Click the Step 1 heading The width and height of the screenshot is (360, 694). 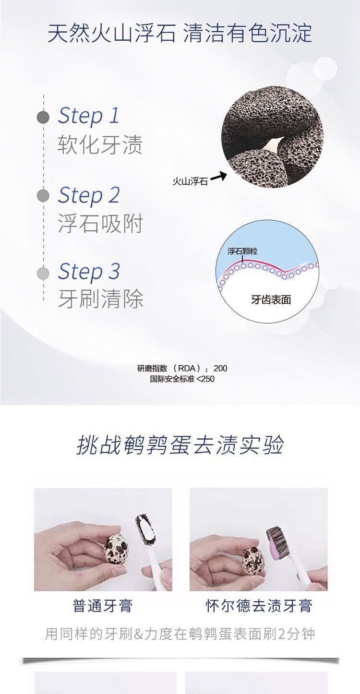(89, 116)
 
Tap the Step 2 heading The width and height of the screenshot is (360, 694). (89, 195)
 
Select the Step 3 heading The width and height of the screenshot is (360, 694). (89, 271)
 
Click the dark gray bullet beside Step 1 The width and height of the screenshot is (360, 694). (43, 118)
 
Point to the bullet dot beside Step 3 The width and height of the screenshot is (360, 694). (43, 273)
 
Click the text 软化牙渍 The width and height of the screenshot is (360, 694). (100, 144)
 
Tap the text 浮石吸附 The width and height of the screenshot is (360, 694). (100, 223)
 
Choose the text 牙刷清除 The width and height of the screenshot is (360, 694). (100, 299)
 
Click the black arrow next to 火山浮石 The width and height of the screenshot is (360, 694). (218, 177)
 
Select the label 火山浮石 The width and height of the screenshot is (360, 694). (190, 181)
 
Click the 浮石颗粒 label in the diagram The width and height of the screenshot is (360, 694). (242, 251)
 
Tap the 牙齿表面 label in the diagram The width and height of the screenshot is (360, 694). (271, 300)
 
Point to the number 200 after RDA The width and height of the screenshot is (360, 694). (220, 369)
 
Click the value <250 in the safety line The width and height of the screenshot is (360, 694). (205, 379)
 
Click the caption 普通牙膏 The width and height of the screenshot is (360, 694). (103, 606)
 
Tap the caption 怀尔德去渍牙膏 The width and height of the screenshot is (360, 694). (259, 606)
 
